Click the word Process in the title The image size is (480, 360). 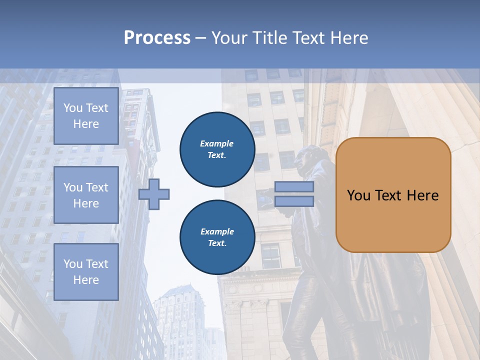[x=157, y=38]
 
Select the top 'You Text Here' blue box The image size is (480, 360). [x=86, y=116]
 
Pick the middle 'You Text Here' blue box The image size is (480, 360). [x=86, y=195]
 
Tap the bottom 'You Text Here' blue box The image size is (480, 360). [x=86, y=271]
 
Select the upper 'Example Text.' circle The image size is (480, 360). [x=217, y=149]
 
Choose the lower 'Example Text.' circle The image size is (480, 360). [x=217, y=237]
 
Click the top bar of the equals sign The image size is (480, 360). [x=294, y=187]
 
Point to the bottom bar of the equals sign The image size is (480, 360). [x=294, y=201]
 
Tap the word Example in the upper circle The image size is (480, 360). [x=217, y=144]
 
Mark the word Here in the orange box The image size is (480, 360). [x=422, y=195]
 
